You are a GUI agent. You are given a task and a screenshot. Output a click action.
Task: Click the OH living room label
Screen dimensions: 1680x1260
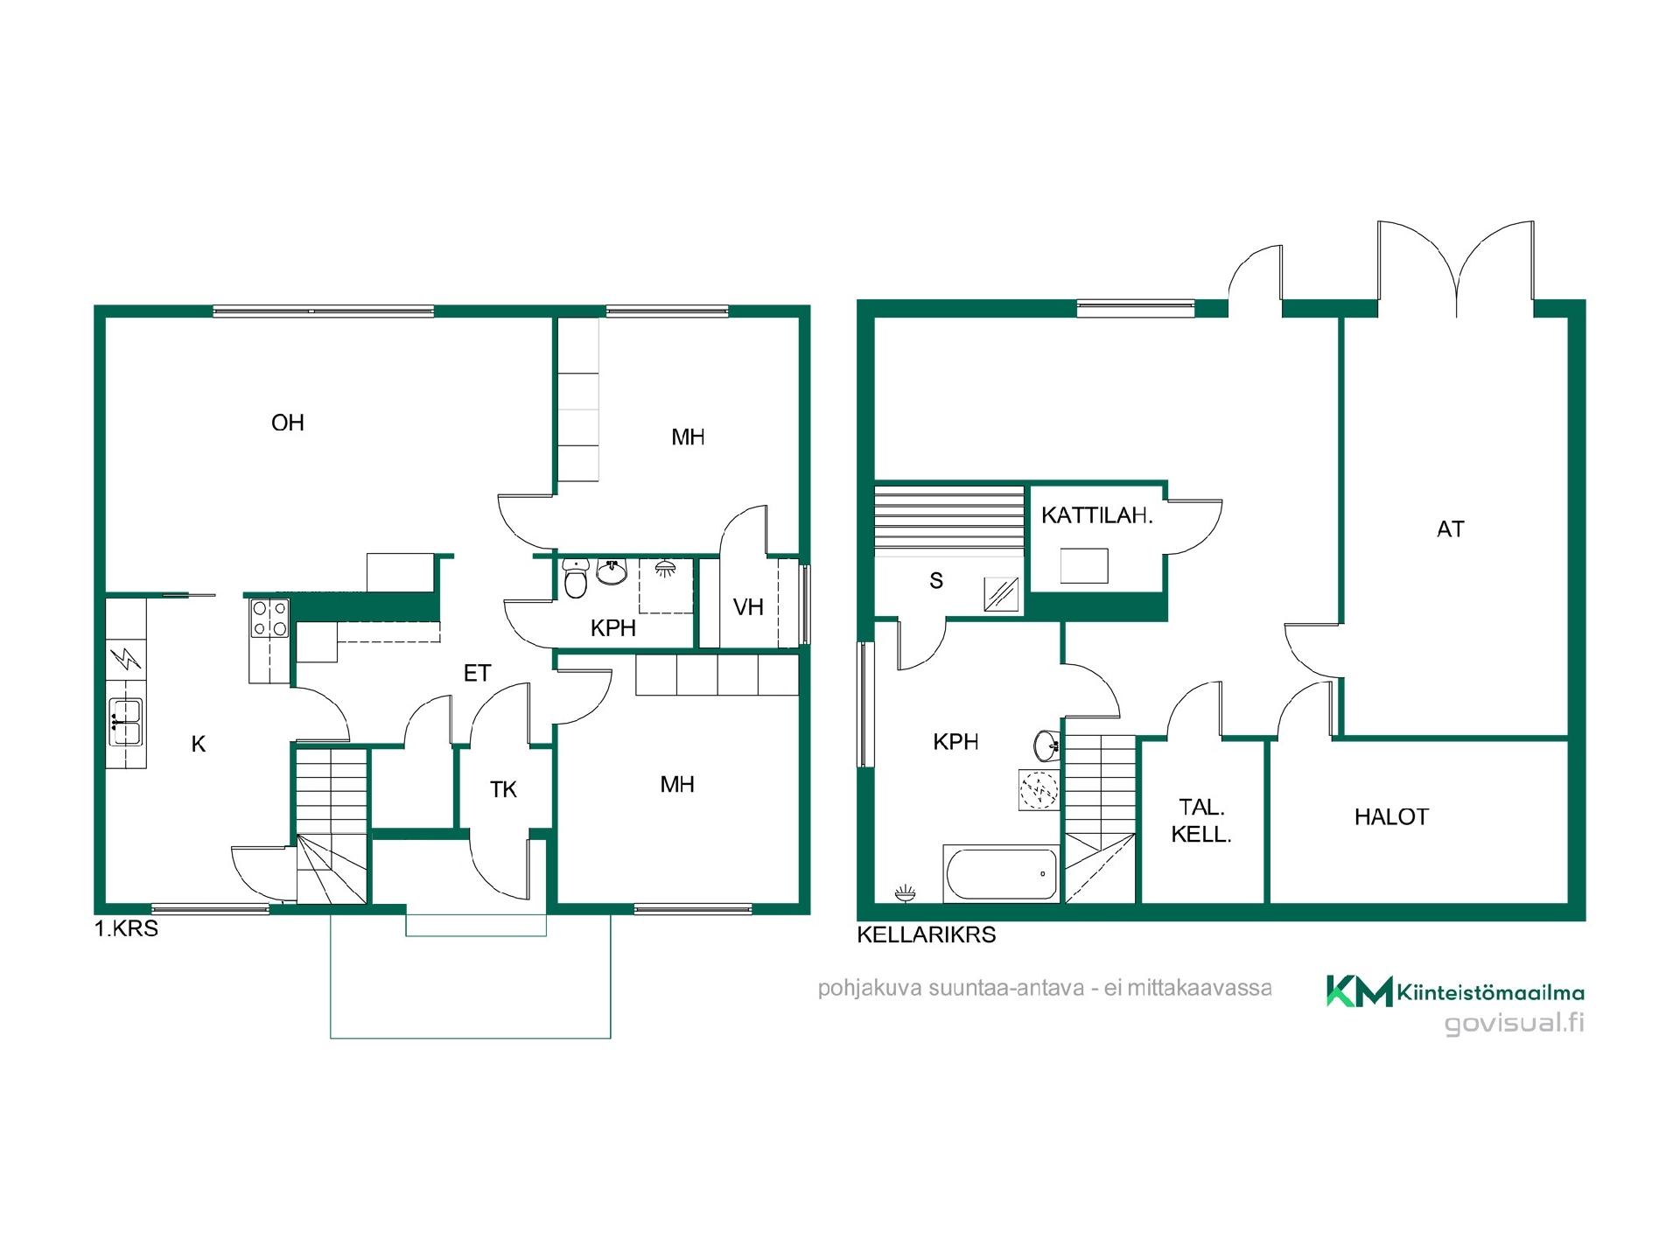pos(288,423)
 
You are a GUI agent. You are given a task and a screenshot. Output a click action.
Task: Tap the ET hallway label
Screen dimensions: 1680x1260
pos(477,673)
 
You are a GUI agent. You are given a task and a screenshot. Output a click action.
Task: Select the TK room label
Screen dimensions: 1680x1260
pos(503,789)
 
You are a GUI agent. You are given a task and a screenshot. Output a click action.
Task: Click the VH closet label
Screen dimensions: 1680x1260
pos(748,606)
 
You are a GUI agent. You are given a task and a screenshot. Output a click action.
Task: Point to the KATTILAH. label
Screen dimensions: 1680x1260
pos(1096,515)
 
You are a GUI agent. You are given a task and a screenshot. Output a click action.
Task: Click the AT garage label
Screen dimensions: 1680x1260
pos(1450,528)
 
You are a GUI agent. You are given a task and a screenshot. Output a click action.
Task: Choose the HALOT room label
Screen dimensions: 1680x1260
pos(1391,816)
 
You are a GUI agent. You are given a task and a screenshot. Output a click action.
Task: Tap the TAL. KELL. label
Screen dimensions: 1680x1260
pos(1201,821)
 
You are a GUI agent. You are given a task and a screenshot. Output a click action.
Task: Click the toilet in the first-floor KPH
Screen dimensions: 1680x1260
pos(575,578)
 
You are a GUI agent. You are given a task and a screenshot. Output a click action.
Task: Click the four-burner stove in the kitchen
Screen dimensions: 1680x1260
pos(269,618)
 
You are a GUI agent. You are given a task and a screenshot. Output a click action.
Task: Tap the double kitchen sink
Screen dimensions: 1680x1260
pos(126,722)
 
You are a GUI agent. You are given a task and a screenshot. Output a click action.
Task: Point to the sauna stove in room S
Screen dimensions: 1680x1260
pos(1002,594)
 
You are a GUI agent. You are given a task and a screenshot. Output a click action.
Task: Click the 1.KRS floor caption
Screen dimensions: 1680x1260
pos(126,928)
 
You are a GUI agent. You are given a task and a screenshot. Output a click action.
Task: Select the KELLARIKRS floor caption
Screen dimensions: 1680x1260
pos(926,934)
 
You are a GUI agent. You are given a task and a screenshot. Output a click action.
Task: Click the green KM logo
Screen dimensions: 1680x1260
pos(1359,990)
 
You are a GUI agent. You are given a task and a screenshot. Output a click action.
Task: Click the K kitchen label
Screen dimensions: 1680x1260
pos(199,744)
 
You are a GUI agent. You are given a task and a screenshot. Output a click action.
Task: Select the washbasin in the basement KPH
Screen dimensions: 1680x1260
pos(1046,745)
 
